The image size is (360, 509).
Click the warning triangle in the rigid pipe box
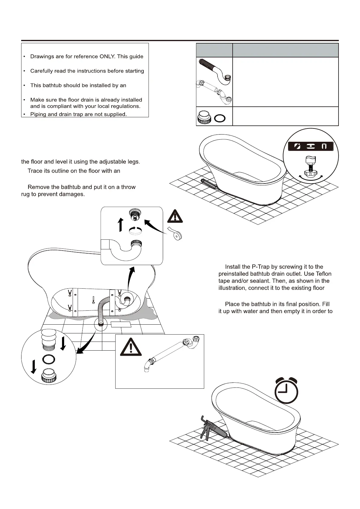click(131, 347)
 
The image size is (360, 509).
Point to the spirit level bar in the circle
click(310, 146)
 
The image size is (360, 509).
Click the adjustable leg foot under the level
click(310, 173)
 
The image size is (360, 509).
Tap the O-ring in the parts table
click(220, 118)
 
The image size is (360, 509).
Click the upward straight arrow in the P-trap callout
click(120, 224)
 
